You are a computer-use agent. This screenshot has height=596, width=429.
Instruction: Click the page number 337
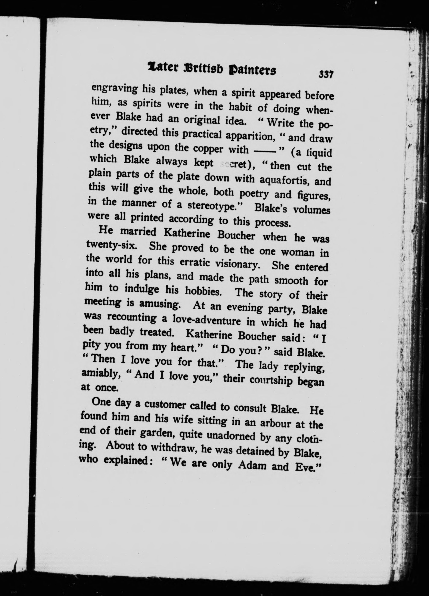point(326,74)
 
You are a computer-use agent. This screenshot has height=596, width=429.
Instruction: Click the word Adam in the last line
point(251,465)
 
